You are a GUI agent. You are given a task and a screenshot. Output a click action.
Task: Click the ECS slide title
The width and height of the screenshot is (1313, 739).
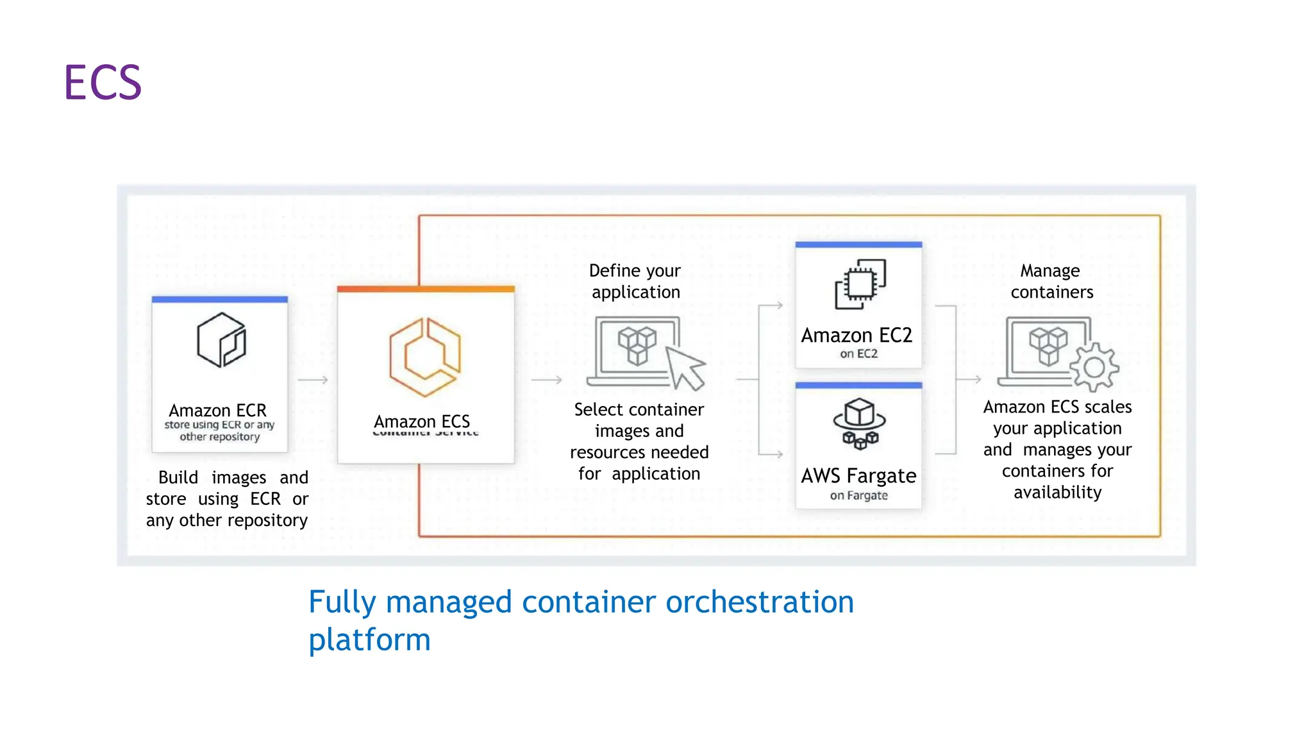point(103,83)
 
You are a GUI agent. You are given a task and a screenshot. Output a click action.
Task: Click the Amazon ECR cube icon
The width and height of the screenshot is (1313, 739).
point(221,340)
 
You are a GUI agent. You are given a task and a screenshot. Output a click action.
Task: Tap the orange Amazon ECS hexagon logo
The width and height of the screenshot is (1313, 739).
point(424,357)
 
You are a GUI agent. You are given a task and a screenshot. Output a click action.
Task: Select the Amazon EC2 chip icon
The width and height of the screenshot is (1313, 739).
point(860,284)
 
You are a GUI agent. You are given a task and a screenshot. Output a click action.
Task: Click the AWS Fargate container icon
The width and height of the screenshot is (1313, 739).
point(860,423)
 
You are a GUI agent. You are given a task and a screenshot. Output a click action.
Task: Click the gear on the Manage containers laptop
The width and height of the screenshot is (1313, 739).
point(1094,368)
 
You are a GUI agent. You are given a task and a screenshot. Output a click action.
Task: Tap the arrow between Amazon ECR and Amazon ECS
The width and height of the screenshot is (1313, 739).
point(313,380)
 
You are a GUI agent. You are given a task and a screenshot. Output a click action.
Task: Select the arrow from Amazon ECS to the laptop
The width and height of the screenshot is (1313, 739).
point(546,380)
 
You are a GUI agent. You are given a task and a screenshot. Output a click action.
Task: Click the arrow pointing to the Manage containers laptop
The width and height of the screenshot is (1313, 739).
point(969,380)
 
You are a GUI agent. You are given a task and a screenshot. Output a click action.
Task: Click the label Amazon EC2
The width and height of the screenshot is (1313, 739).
point(857,336)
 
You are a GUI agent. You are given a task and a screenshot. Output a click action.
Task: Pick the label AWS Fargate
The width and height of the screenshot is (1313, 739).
point(858,476)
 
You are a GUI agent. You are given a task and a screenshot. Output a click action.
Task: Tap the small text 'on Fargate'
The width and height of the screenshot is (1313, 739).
point(858,495)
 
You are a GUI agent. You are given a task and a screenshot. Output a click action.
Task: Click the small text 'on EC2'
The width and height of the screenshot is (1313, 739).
point(858,353)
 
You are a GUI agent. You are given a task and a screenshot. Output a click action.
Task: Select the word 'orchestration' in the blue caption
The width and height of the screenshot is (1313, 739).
point(760,602)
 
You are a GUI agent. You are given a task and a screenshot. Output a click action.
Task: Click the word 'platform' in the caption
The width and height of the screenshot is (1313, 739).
point(369,640)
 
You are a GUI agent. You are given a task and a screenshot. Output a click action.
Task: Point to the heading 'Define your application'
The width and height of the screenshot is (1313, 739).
point(635,281)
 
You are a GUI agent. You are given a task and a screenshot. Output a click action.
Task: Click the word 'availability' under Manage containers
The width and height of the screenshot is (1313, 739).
point(1057,492)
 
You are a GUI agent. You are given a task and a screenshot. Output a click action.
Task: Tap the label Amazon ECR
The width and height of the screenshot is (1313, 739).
point(217,410)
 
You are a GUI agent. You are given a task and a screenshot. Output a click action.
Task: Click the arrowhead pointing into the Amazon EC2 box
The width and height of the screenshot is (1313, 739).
point(779,305)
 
